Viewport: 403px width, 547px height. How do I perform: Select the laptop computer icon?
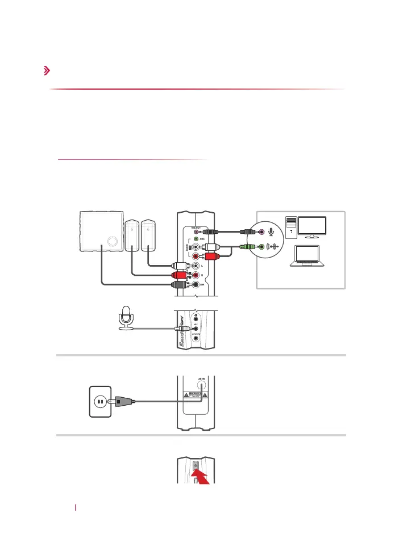coord(308,256)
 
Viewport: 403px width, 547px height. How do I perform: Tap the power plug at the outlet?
coord(122,401)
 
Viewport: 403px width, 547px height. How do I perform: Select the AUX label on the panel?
coord(202,240)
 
